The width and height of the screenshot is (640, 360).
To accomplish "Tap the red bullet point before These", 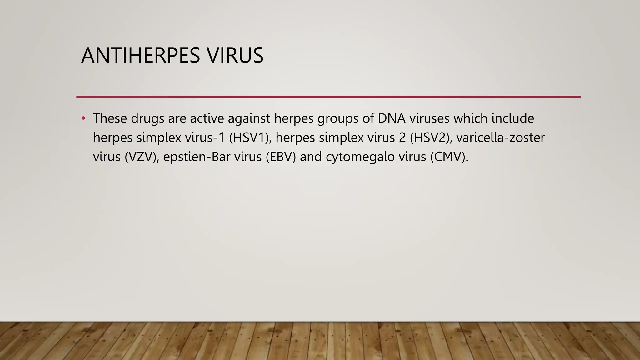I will point(83,118).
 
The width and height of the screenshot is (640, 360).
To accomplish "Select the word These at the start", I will point(110,118).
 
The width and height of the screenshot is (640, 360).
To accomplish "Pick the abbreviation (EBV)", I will point(281,157).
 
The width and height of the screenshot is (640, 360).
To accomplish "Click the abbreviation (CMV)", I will point(449,157).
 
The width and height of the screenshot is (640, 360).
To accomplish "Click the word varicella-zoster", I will point(500,137).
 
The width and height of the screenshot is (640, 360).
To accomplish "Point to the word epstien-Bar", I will point(197,157).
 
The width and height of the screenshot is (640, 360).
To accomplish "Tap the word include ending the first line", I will point(513,118).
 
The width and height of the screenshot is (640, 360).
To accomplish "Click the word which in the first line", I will point(470,118).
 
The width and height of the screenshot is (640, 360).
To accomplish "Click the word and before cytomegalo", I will point(311,157).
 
